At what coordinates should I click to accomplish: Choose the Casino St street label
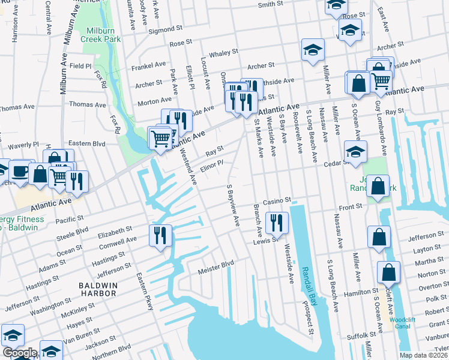click(277, 200)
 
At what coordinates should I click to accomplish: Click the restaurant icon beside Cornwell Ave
click(160, 235)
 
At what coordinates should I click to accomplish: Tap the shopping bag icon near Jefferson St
click(379, 238)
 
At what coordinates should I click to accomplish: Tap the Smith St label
click(270, 5)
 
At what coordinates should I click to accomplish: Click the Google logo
click(19, 353)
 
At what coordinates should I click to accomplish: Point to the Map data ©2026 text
click(423, 355)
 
